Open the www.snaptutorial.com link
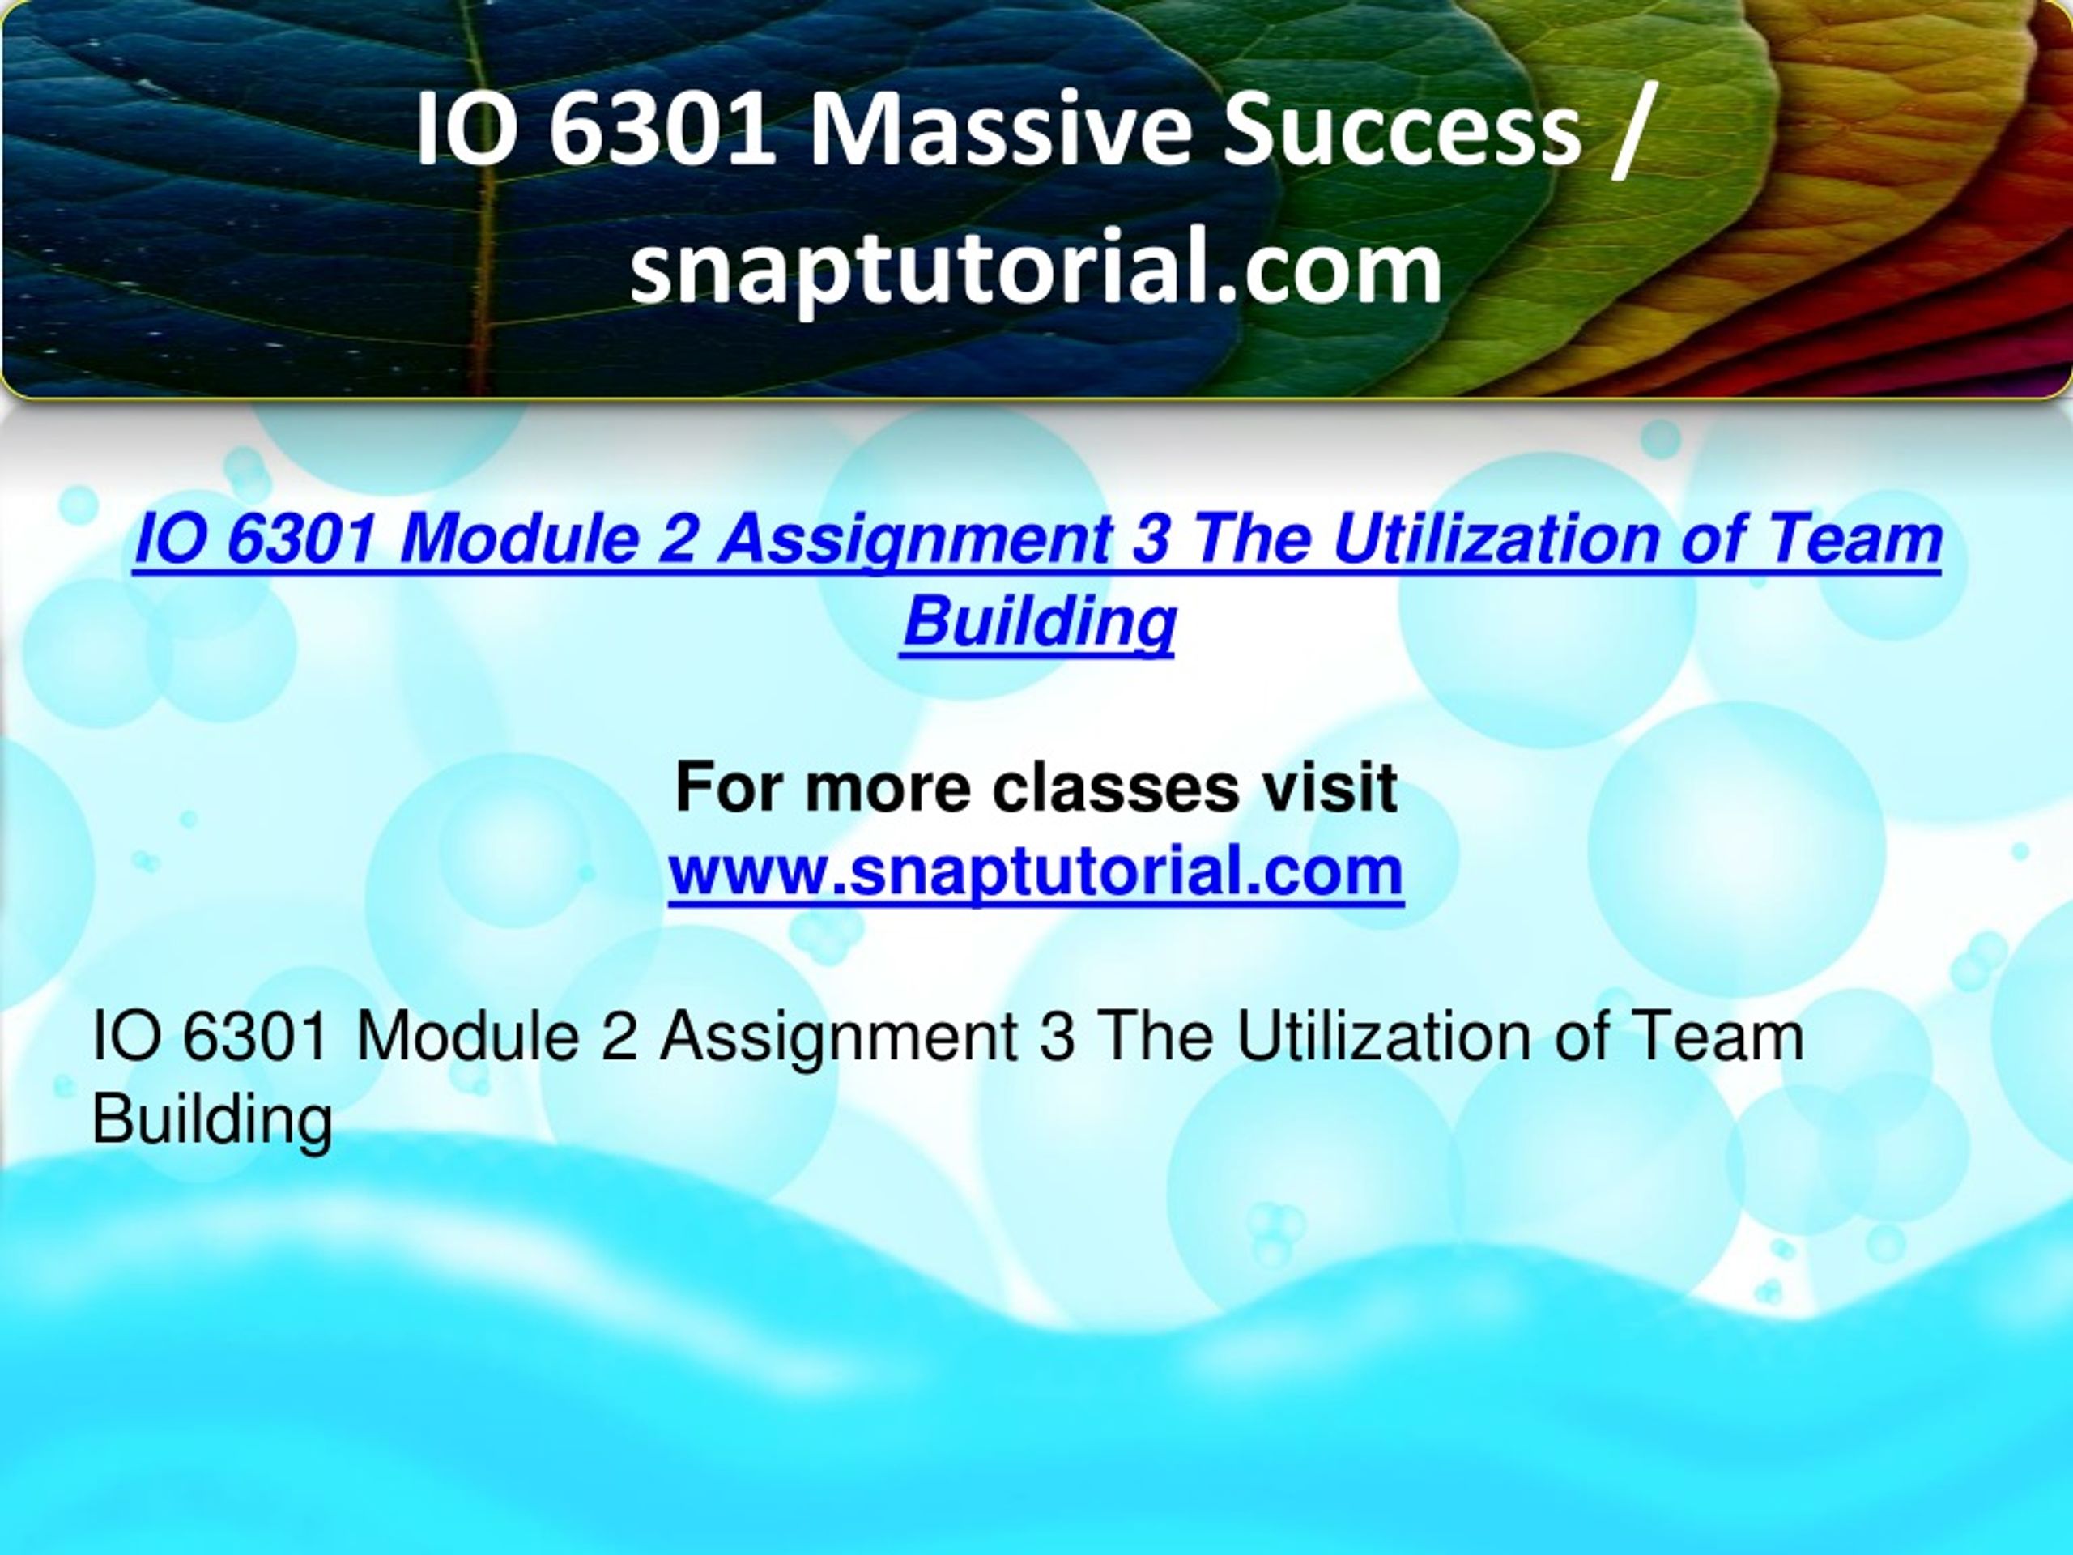point(1036,871)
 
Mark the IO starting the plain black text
point(126,1037)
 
